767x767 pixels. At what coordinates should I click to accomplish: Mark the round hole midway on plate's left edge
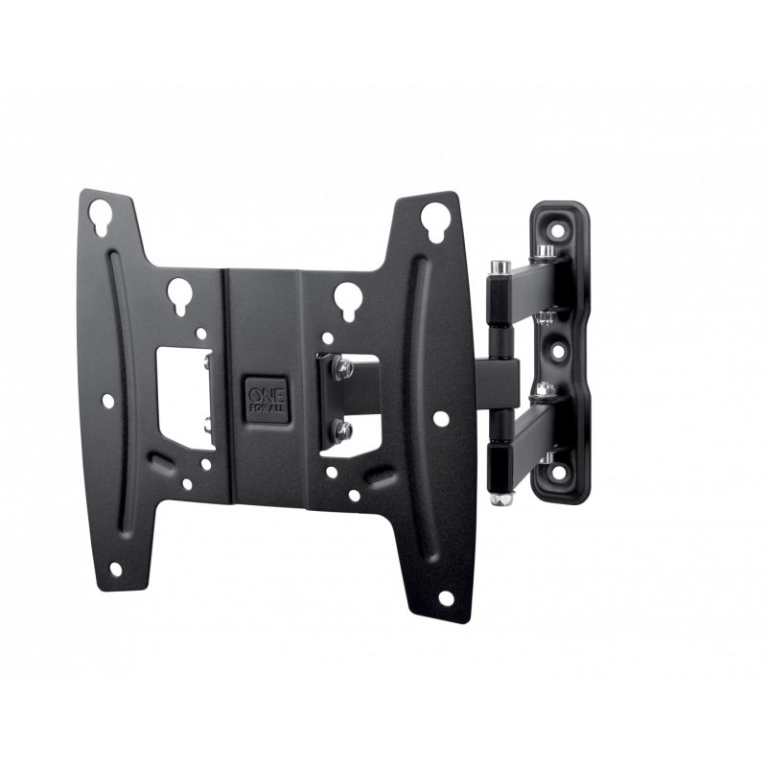[108, 402]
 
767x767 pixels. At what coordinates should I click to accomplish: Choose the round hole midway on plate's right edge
[438, 419]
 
